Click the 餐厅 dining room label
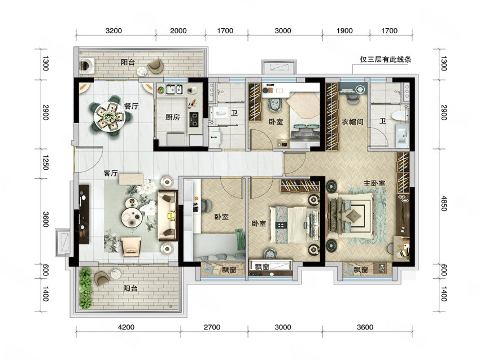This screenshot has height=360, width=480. (x=131, y=106)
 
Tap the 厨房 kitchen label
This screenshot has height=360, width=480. (x=172, y=117)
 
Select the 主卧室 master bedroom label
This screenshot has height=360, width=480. (x=374, y=183)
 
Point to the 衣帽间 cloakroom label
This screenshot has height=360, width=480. (x=352, y=122)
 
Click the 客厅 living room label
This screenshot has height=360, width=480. (x=111, y=173)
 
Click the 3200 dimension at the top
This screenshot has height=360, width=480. (x=114, y=30)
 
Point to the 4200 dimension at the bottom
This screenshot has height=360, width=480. (x=126, y=327)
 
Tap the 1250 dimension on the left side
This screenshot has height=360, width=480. (x=45, y=163)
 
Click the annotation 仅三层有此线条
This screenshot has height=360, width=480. (x=385, y=59)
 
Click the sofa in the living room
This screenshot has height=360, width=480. (x=168, y=216)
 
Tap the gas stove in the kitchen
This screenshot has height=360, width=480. (x=194, y=120)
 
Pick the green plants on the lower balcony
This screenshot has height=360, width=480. (x=85, y=288)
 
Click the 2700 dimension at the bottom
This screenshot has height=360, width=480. (x=212, y=327)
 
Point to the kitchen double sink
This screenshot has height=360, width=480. (x=174, y=89)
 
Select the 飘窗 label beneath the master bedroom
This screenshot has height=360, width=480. (x=361, y=270)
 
